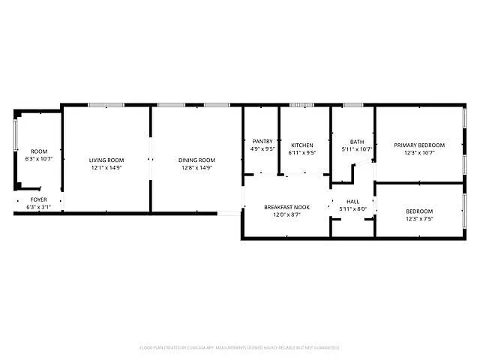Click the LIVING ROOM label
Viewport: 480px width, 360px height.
[x=106, y=160]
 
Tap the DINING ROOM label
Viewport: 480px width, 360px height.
[x=196, y=160]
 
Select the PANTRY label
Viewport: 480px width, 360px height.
[x=262, y=141]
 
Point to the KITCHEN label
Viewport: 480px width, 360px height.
[x=302, y=145]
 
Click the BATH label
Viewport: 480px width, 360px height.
[x=357, y=142]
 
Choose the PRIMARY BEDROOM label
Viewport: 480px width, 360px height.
[x=419, y=145]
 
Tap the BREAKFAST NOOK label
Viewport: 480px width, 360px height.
[x=287, y=207]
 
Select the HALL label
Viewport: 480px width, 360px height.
[x=353, y=202]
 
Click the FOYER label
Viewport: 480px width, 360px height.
[x=38, y=199]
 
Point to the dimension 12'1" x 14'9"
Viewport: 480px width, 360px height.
[x=106, y=167]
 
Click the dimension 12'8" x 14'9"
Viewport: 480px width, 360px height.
[x=196, y=167]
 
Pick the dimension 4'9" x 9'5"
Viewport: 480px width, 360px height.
[x=262, y=148]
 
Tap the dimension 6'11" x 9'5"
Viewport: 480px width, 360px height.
[x=302, y=152]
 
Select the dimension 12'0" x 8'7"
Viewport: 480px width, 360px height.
[x=287, y=214]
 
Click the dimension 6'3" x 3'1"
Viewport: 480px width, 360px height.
[x=38, y=207]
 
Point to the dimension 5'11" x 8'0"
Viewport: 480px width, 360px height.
[x=353, y=209]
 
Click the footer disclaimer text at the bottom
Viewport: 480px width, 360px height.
[x=239, y=348]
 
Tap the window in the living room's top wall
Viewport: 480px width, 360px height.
[x=106, y=105]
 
